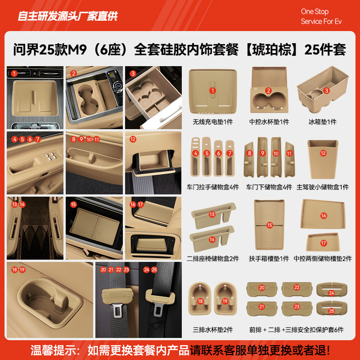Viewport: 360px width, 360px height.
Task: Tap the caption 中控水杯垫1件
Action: (x=269, y=122)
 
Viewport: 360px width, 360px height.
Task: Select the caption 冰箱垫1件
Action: (x=323, y=122)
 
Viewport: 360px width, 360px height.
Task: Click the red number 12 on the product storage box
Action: (x=323, y=153)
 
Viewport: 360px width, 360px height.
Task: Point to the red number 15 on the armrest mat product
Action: (x=270, y=225)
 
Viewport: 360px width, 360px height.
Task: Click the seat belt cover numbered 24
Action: (x=331, y=293)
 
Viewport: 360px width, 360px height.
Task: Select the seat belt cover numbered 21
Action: (x=261, y=306)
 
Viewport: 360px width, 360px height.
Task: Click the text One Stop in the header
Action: (x=315, y=12)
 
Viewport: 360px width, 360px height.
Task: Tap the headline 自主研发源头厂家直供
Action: (x=67, y=17)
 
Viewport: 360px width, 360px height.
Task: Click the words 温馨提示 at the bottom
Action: (x=51, y=349)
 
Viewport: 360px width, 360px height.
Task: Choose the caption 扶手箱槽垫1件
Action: (x=269, y=259)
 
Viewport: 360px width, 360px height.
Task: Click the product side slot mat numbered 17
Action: (x=323, y=243)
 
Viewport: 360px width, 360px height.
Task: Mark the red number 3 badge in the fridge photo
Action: (x=133, y=73)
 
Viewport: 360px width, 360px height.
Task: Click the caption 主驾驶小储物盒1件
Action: (x=323, y=187)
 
